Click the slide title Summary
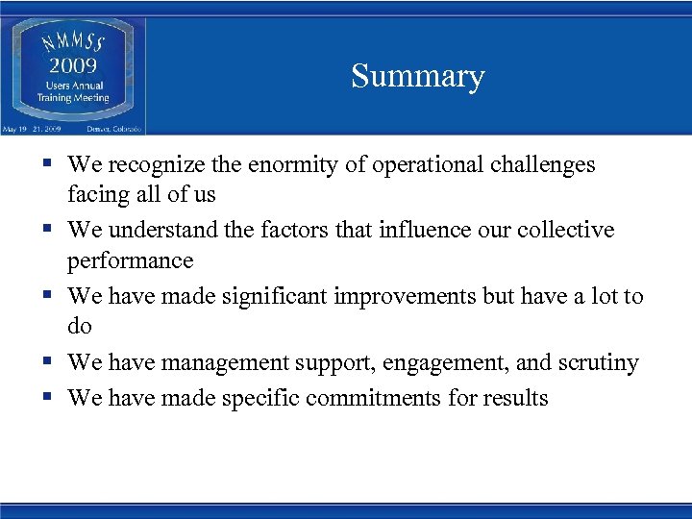pos(417,76)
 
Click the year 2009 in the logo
pos(73,66)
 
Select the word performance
pos(130,261)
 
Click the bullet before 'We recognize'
pos(46,165)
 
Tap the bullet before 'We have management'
pos(46,362)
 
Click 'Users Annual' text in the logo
pos(73,86)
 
